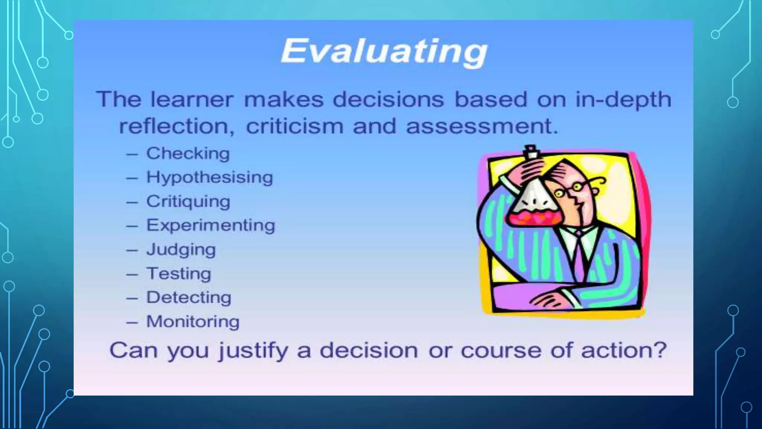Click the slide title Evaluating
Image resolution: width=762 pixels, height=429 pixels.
tap(384, 52)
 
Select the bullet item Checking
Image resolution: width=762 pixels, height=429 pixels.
tap(188, 153)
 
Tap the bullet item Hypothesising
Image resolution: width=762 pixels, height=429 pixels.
tap(209, 177)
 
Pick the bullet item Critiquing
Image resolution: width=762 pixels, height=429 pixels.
tap(188, 201)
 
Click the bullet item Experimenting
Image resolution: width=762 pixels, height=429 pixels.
tap(211, 225)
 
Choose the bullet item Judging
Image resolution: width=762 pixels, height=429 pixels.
tap(181, 250)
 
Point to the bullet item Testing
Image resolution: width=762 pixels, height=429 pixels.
tap(179, 274)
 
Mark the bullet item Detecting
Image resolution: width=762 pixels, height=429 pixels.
tap(189, 298)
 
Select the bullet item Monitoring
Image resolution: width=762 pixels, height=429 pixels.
tap(193, 322)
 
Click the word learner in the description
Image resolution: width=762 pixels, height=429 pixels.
tap(192, 100)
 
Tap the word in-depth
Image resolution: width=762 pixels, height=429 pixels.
tap(624, 100)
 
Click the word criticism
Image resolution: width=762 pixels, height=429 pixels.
tap(295, 126)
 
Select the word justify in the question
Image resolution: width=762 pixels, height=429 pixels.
tap(253, 351)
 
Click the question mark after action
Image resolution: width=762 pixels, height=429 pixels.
tap(660, 350)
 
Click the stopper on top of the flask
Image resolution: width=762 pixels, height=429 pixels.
tap(531, 151)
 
